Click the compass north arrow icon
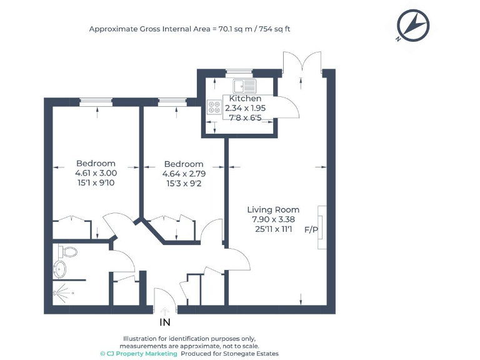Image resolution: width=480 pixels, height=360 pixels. pos(413,26)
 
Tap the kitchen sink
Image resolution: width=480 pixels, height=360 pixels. pos(244,86)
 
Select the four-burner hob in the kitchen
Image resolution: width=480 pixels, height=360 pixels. pos(214,107)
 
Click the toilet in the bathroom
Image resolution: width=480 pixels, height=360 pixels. pos(67,252)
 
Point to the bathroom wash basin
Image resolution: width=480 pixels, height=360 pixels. pos(60,269)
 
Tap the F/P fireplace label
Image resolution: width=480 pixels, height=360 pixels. pos(311,229)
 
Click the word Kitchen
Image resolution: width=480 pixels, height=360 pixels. pos(245,99)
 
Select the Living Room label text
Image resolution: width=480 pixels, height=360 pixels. pos(273,210)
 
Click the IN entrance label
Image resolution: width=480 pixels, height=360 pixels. pos(165,322)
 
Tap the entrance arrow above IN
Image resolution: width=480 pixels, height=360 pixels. pos(165,311)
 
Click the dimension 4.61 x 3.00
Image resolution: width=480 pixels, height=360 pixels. pos(96,173)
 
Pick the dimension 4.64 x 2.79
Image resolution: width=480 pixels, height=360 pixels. pos(184,174)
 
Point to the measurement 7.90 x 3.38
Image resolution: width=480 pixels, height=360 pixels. pos(273,219)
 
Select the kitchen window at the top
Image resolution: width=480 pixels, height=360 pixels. pos(239,72)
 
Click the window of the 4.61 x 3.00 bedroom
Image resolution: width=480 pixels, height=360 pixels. pos(96,102)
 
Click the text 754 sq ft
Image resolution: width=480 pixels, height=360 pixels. pos(274,29)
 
